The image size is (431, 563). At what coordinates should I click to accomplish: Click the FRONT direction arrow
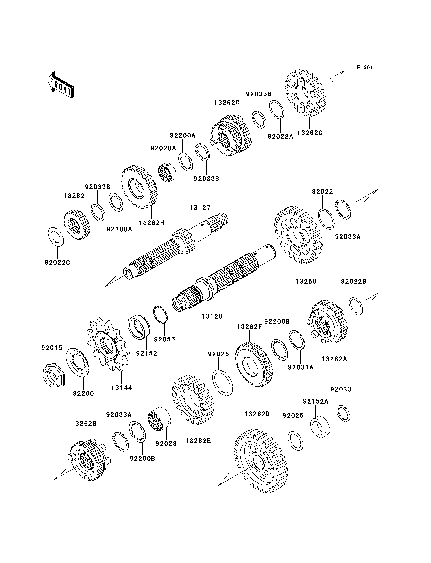point(61,85)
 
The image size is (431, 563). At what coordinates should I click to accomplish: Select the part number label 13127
point(200,207)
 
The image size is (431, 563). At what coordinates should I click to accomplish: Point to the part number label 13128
point(212,316)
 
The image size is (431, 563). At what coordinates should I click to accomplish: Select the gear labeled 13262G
point(306,92)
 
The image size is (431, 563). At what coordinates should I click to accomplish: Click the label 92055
point(164,339)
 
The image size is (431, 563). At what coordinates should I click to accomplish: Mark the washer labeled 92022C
point(56,236)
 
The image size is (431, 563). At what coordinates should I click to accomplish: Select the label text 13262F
point(249,327)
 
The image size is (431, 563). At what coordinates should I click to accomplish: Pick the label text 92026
point(219,354)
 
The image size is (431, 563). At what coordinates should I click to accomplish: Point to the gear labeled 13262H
point(139,186)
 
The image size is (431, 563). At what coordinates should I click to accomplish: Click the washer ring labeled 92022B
point(356,306)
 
